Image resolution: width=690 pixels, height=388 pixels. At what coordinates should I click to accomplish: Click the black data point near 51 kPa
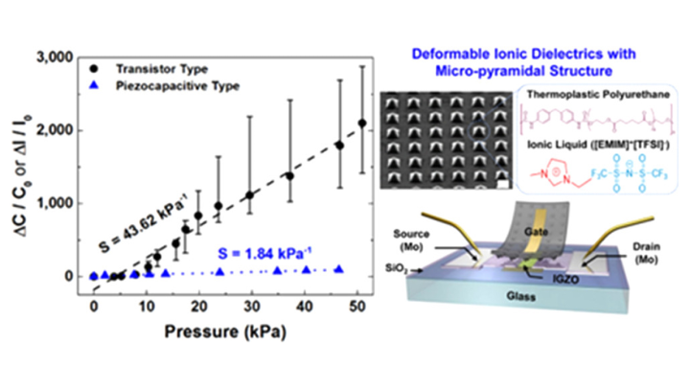pos(361,123)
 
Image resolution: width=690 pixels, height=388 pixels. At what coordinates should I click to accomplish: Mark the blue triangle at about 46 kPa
pos(338,270)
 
